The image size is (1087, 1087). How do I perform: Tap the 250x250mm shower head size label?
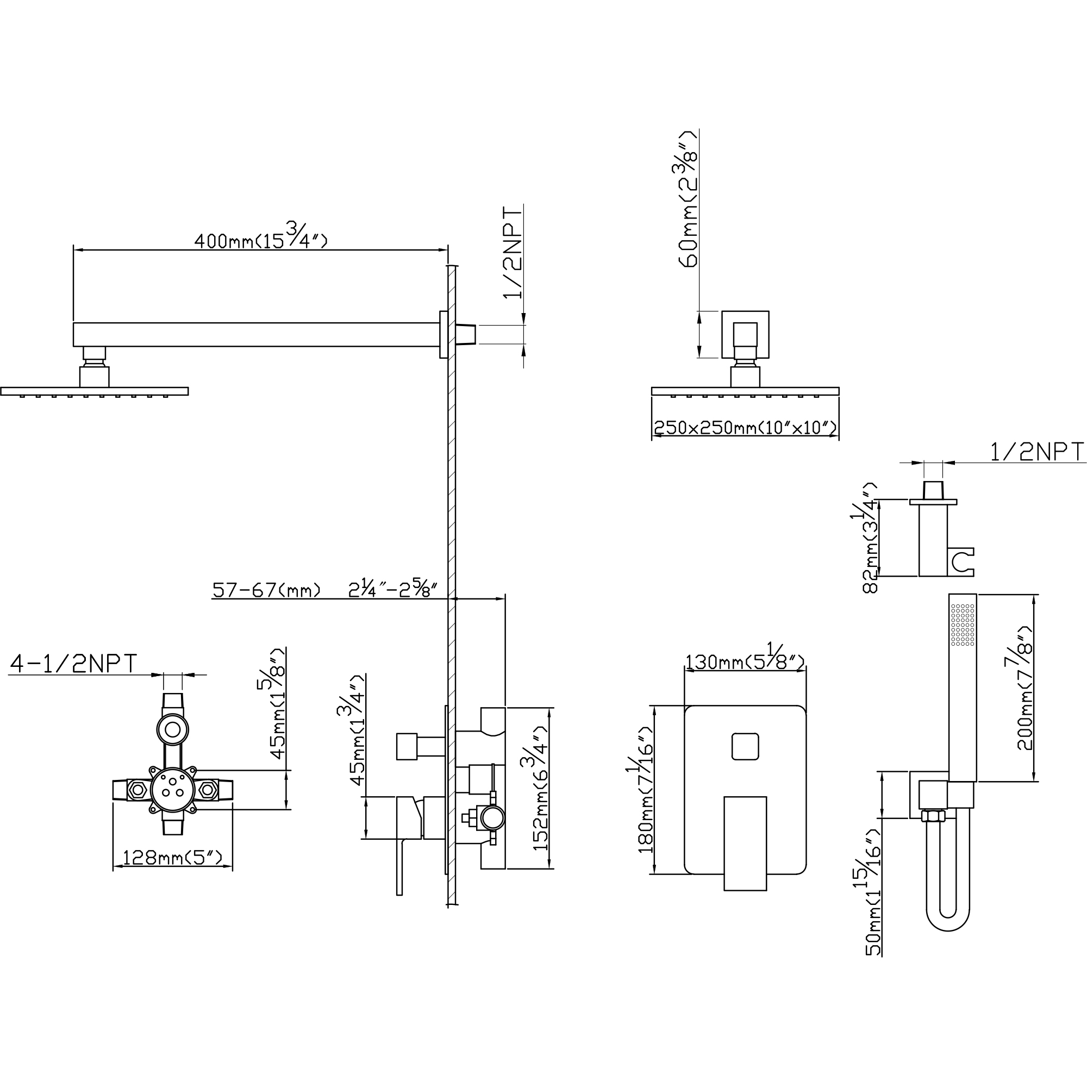click(745, 428)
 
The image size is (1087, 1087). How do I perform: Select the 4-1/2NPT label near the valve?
click(74, 664)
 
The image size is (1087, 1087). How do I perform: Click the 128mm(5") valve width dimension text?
click(172, 858)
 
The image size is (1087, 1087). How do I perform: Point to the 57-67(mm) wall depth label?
click(267, 590)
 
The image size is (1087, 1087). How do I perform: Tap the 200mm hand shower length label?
click(1024, 688)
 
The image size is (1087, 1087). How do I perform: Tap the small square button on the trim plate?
click(745, 747)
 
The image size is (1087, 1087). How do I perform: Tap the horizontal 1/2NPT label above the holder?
click(1036, 452)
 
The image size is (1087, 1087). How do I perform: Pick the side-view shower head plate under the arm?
click(94, 391)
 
